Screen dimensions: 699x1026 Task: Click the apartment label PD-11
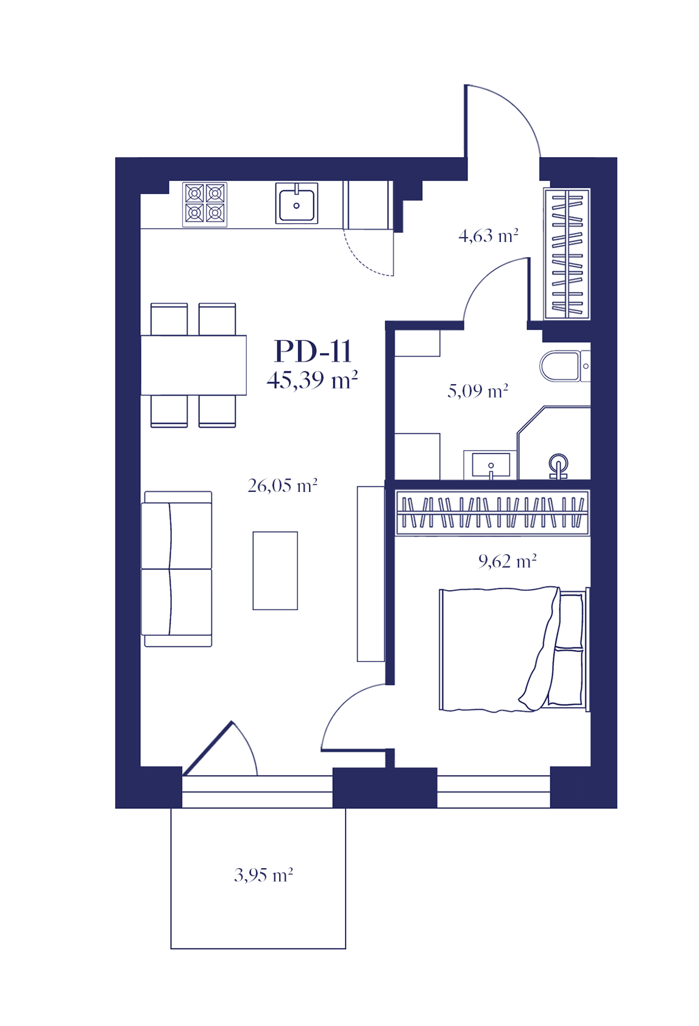click(313, 351)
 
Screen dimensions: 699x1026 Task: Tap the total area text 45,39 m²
click(312, 380)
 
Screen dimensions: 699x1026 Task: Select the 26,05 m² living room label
click(282, 485)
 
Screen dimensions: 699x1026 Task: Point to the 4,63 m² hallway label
click(488, 235)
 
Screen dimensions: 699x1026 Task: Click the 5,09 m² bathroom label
click(477, 391)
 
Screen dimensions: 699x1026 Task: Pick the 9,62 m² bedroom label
click(507, 561)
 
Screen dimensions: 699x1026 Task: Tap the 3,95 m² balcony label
click(263, 875)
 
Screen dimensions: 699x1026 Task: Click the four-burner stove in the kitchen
click(205, 205)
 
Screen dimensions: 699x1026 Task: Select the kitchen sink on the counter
click(297, 204)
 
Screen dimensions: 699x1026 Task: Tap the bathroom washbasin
click(491, 465)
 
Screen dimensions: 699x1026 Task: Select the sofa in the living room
click(177, 569)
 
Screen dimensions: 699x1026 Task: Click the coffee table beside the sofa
click(275, 571)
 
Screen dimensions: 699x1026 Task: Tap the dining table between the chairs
click(194, 365)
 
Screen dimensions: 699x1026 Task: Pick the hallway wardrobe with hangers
click(567, 254)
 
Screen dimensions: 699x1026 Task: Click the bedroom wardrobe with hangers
click(492, 513)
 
